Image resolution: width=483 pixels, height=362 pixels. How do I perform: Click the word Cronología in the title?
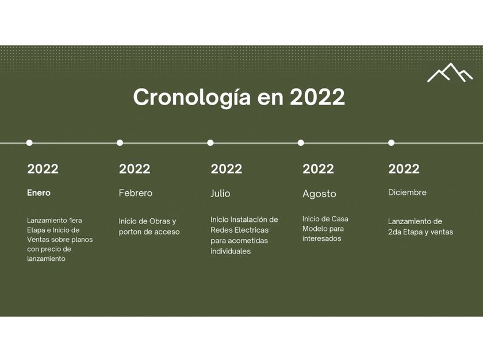(x=192, y=97)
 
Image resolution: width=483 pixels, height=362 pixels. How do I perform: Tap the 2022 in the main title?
(x=317, y=97)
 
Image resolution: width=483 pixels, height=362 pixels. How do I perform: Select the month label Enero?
(x=39, y=193)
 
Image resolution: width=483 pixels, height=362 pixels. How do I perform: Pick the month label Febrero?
(x=136, y=193)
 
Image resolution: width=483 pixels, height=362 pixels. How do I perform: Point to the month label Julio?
(x=220, y=193)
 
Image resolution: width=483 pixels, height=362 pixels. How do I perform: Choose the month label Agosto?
(x=319, y=194)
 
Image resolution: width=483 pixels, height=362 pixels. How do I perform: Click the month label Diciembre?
(x=407, y=192)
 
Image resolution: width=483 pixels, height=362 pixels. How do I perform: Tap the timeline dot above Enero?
(x=29, y=143)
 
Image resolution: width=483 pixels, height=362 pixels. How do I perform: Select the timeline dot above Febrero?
(x=120, y=143)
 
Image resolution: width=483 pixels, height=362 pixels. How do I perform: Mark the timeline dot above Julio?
(x=210, y=143)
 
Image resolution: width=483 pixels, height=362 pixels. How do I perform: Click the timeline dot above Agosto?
(x=301, y=143)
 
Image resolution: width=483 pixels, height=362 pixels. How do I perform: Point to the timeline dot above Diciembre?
(x=391, y=143)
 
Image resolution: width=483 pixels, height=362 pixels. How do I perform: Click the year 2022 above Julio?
(x=227, y=169)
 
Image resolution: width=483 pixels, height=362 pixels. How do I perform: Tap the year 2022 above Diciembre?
(x=404, y=169)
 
